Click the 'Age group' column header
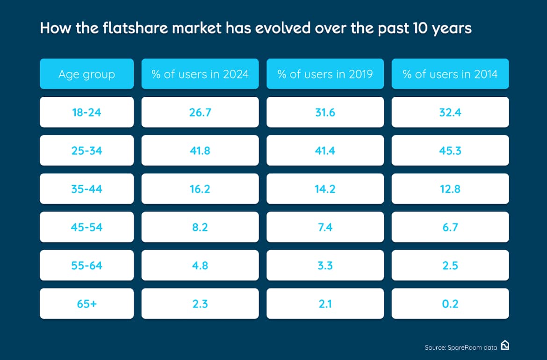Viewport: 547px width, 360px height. pos(86,74)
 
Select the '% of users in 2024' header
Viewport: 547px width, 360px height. pos(200,74)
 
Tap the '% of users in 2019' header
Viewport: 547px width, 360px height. pos(325,74)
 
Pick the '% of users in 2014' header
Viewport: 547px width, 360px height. pos(450,74)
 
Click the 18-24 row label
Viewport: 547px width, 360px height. pos(86,112)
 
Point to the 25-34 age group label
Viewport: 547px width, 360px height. pos(86,151)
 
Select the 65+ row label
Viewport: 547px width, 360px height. pos(86,304)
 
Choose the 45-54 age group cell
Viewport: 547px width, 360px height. pos(86,227)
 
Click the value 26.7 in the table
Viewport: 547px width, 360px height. pos(200,112)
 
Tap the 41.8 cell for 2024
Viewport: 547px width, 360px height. pos(200,151)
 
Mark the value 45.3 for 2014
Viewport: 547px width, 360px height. pos(450,151)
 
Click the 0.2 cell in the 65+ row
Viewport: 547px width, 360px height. pos(450,304)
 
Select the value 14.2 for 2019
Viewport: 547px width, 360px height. pos(325,189)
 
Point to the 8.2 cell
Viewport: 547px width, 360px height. pos(200,227)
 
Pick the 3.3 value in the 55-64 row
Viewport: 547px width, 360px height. pos(325,266)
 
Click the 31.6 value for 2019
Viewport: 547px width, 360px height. pos(325,112)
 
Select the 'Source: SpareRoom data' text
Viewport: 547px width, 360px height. pos(461,347)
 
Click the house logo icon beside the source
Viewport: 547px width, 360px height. pos(504,346)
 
